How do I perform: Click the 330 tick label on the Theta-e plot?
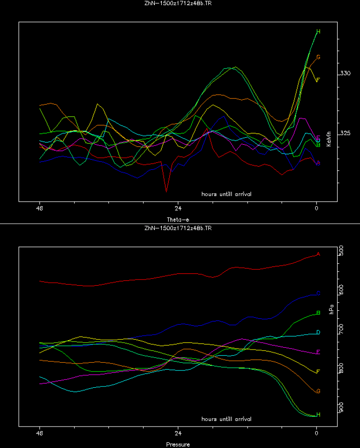pos(346,73)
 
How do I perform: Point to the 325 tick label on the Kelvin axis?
pos(346,133)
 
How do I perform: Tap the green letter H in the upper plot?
pos(318,32)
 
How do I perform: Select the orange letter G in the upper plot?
pos(318,57)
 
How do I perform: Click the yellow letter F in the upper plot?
pos(318,80)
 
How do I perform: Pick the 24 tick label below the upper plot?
pos(178,209)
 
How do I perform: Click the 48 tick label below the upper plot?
pos(40,209)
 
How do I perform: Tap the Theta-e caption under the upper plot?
pos(178,219)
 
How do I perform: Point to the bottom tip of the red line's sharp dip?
pos(166,191)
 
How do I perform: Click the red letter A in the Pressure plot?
pos(318,254)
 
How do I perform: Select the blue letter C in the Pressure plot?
pos(318,293)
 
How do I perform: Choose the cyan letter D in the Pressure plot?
pos(318,332)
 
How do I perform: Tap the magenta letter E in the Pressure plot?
pos(318,352)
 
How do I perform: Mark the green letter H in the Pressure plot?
pos(318,414)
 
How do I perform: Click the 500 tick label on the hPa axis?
pos(341,251)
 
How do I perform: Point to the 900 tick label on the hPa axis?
pos(341,407)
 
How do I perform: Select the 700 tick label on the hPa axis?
pos(341,329)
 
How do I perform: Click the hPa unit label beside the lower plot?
pos(332,309)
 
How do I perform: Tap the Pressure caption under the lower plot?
pos(178,444)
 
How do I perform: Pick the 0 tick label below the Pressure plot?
pos(317,434)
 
